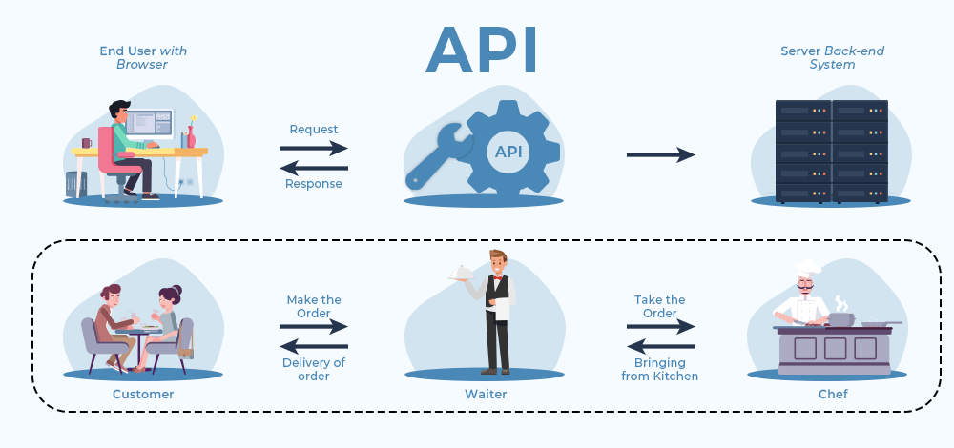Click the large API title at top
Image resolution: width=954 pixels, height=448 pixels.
pyautogui.click(x=481, y=50)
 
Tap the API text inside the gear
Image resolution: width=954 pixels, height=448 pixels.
pyautogui.click(x=508, y=152)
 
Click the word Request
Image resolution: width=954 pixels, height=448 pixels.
pyautogui.click(x=314, y=130)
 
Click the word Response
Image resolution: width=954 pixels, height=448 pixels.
pyautogui.click(x=314, y=184)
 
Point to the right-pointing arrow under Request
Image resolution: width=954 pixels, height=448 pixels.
pyautogui.click(x=314, y=148)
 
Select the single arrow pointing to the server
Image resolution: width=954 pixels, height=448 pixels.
pyautogui.click(x=660, y=154)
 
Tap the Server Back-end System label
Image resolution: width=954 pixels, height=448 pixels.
pyautogui.click(x=819, y=57)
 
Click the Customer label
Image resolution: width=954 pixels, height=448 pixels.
pyautogui.click(x=143, y=394)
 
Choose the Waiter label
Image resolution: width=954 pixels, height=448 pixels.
pyautogui.click(x=487, y=394)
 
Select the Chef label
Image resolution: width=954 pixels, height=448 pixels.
pyautogui.click(x=828, y=394)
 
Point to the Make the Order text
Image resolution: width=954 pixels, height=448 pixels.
pyautogui.click(x=314, y=307)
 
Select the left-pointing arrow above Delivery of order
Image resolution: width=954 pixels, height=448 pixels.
pyautogui.click(x=314, y=345)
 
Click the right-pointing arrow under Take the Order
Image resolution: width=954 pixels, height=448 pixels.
pyautogui.click(x=661, y=326)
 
